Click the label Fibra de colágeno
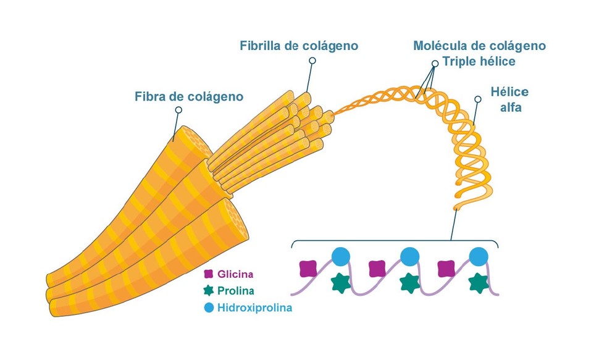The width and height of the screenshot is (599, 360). click(188, 97)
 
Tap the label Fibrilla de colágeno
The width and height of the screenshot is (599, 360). click(299, 46)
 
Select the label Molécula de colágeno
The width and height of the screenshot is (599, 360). click(479, 46)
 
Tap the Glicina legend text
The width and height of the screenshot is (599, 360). click(235, 274)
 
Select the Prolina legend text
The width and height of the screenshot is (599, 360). click(236, 290)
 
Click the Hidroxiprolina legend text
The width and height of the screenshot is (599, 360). click(254, 307)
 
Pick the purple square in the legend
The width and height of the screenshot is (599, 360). click(209, 274)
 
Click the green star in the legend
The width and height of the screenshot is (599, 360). click(209, 290)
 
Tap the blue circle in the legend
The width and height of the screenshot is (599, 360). click(209, 307)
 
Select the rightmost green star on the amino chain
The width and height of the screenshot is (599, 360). click(479, 283)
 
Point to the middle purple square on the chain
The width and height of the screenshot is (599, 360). click(377, 269)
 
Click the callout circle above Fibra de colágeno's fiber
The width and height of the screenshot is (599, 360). click(179, 110)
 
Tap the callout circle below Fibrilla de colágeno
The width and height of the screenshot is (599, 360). click(312, 61)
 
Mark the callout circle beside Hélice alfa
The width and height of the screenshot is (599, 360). click(477, 99)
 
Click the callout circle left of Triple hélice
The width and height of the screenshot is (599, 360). click(435, 62)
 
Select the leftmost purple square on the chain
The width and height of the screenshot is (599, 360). click(308, 269)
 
